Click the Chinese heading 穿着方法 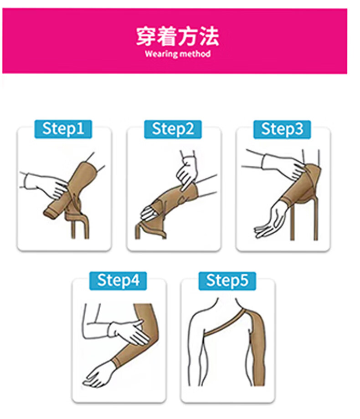pyautogui.click(x=178, y=36)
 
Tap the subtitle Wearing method pyautogui.click(x=178, y=54)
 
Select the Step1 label pyautogui.click(x=63, y=129)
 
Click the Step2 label pyautogui.click(x=173, y=129)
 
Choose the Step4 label pyautogui.click(x=118, y=281)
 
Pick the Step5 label pyautogui.click(x=227, y=281)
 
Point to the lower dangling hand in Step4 pyautogui.click(x=99, y=375)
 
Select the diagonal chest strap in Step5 pyautogui.click(x=225, y=323)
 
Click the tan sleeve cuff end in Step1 pyautogui.click(x=51, y=212)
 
